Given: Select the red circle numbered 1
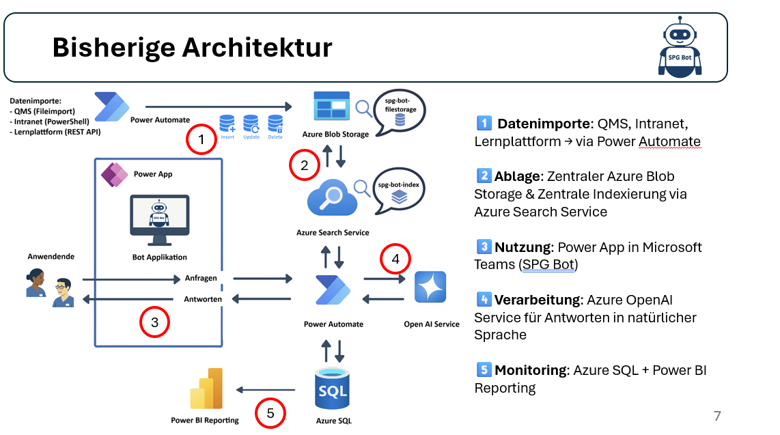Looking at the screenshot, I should [x=201, y=141].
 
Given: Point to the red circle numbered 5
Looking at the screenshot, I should [x=270, y=412].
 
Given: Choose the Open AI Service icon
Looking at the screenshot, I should [x=430, y=287].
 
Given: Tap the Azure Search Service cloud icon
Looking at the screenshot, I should [x=334, y=199].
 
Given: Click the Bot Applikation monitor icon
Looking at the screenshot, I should [x=159, y=221].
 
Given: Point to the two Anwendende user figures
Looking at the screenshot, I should [x=49, y=287].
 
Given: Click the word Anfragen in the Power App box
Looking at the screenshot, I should [x=201, y=279].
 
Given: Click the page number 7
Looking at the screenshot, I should [x=716, y=416].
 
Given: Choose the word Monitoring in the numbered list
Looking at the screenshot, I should [x=531, y=370].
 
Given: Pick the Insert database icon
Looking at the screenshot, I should [x=227, y=124].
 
